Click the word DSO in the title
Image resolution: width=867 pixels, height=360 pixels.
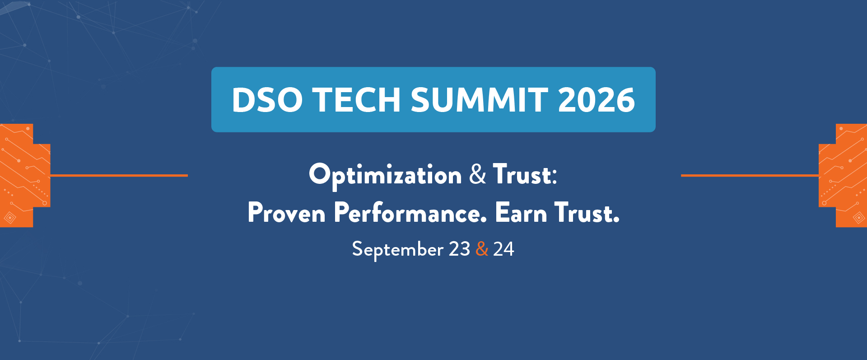[267, 100]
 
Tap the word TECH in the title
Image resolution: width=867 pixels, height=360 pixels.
[357, 100]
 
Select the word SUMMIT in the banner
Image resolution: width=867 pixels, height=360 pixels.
[479, 100]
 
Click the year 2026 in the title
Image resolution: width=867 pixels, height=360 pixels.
[597, 100]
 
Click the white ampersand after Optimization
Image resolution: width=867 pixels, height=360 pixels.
[478, 174]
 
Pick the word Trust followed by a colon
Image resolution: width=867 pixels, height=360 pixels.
[525, 174]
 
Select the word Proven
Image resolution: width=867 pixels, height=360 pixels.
[287, 213]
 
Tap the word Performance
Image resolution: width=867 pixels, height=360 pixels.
[410, 213]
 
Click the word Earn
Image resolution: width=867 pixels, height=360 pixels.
[521, 213]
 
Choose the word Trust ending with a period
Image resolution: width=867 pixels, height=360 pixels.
[587, 213]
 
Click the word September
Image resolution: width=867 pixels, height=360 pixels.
[397, 250]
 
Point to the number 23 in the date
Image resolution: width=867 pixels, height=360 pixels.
[459, 249]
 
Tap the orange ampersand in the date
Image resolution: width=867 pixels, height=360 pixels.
[482, 249]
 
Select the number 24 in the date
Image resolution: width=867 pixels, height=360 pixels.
[503, 249]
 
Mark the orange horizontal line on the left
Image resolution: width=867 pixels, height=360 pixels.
[119, 175]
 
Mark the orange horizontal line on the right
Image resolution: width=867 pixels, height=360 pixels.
[750, 175]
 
